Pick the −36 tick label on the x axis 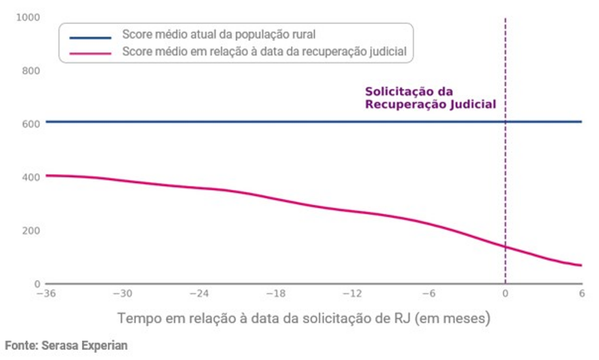(x=45, y=294)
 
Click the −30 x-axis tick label (x=122, y=294)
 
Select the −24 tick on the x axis (x=198, y=294)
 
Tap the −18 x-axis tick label (x=275, y=294)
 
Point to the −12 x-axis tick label (x=351, y=294)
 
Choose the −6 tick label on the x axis (x=428, y=294)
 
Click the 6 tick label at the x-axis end (x=581, y=294)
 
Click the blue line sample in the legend (x=89, y=37)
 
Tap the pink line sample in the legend (x=89, y=52)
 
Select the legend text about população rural (x=219, y=35)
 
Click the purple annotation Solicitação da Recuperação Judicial (x=430, y=98)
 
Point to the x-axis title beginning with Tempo (x=303, y=317)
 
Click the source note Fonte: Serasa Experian (x=66, y=345)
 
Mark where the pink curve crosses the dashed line (x=505, y=247)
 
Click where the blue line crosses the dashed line (x=505, y=122)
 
